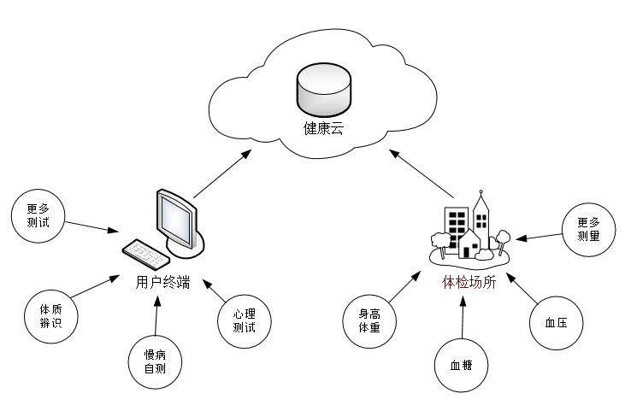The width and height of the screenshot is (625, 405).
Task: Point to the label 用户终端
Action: pos(162,281)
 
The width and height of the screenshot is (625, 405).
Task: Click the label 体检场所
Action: pos(468,283)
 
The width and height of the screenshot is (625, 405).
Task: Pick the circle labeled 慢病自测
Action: pos(154,361)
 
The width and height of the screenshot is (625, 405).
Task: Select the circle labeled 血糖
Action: pos(462,365)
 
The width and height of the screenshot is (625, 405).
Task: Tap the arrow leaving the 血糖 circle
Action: pos(462,317)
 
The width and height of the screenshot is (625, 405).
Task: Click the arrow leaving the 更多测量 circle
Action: pos(543,234)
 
